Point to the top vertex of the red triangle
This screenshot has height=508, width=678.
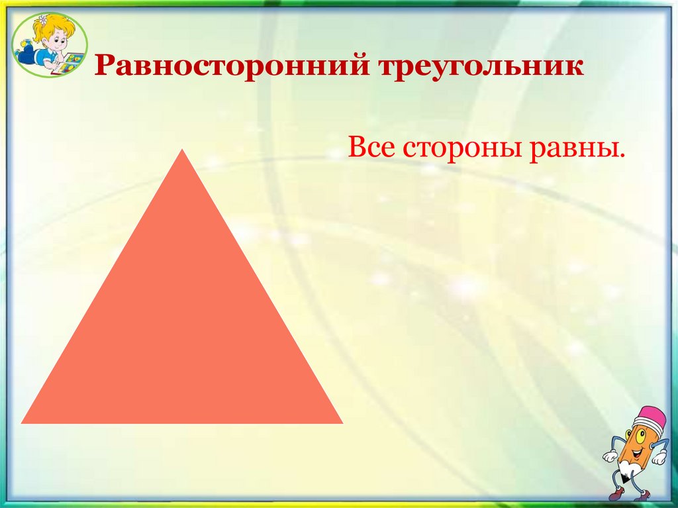tap(182, 151)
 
